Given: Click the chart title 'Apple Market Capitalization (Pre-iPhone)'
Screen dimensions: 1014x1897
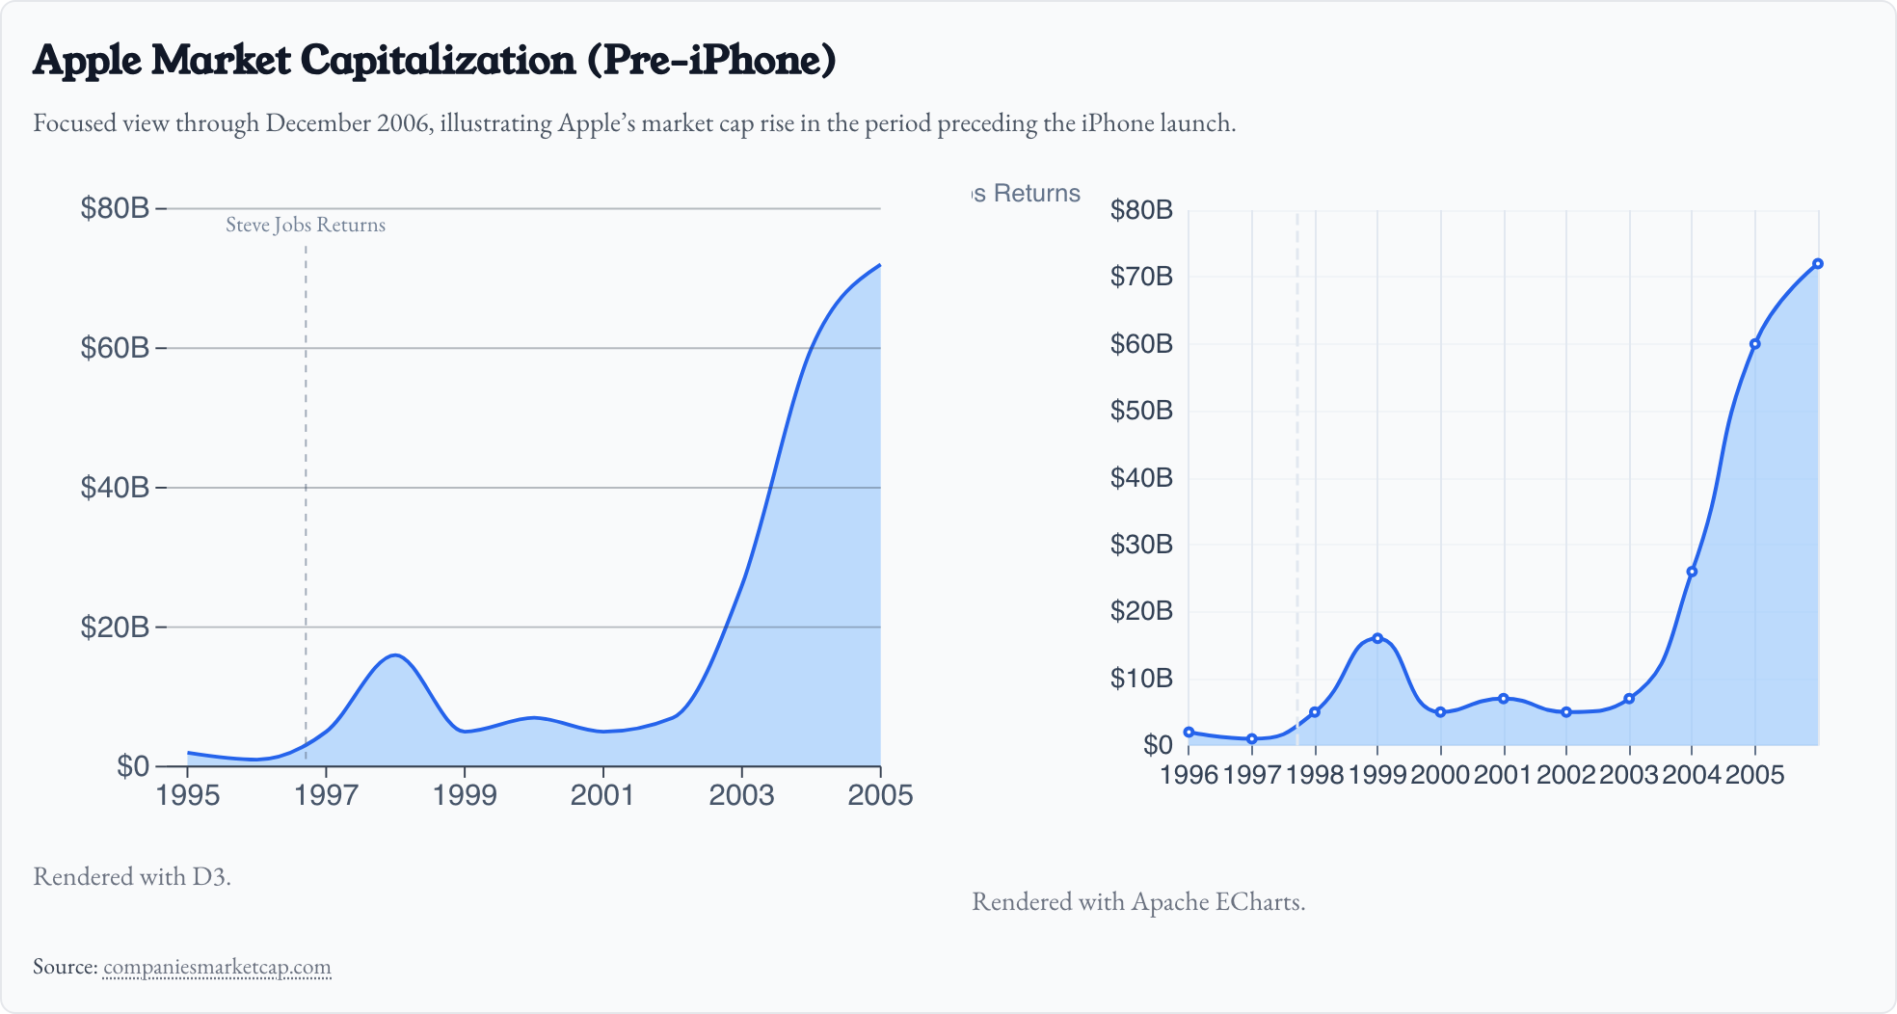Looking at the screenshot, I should [434, 60].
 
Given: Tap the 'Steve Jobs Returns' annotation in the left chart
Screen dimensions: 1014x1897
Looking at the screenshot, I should [306, 226].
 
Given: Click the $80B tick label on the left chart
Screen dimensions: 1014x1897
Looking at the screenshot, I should [115, 208].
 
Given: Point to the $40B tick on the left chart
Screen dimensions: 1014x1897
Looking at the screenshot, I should [115, 488].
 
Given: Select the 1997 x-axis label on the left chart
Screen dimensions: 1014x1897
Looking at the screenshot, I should [326, 795].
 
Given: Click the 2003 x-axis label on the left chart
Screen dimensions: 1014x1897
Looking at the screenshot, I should [741, 795].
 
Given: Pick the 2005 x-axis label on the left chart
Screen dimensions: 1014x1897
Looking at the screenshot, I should [879, 795].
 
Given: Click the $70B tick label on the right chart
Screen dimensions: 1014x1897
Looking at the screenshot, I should [1141, 278].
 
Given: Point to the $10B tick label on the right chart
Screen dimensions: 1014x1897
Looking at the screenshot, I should [1141, 679].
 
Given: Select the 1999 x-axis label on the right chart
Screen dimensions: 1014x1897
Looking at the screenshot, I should [1377, 775].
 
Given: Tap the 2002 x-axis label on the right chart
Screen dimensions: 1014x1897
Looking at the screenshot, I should [1566, 775].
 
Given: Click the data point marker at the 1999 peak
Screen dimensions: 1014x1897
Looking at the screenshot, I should [1377, 638].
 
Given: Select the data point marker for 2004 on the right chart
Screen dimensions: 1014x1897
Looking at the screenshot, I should [1692, 572].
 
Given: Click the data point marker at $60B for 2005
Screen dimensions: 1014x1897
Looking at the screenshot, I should [1755, 344].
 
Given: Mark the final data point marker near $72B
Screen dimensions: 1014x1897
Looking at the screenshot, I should [1818, 264].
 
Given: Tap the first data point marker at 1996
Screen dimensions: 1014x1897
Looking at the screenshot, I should [1189, 733].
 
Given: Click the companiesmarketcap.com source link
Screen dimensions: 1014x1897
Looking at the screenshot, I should [217, 967].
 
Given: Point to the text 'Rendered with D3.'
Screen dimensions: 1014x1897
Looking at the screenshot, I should [132, 876].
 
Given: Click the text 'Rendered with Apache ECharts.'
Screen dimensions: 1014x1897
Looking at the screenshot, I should [1138, 902].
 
